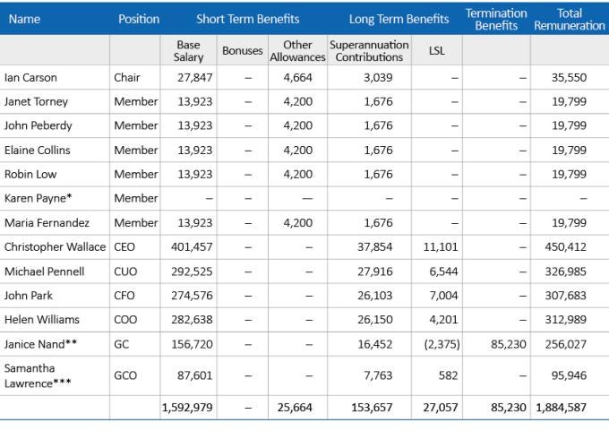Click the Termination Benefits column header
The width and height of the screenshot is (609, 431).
coord(496,20)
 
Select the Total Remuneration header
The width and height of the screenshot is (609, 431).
coord(570,20)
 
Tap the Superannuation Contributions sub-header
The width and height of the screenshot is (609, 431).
coord(369,51)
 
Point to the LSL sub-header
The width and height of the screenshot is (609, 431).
coord(437,51)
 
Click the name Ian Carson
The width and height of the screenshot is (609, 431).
coord(30,78)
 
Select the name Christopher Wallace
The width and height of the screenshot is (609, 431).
coord(55,247)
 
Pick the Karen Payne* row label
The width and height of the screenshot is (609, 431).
coord(38,199)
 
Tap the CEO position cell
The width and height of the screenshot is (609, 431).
coord(124,247)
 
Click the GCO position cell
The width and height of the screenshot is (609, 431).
coord(125,375)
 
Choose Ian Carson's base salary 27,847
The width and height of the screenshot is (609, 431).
coord(195,78)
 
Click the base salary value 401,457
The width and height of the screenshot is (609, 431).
coord(192,247)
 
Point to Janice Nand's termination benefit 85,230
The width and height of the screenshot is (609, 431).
coord(509,344)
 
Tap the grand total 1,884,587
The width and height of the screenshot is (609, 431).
coord(562,408)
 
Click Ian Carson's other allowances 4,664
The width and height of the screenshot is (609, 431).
coord(298,78)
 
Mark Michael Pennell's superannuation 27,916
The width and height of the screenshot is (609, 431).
coord(375,272)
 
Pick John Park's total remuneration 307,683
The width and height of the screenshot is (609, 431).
coord(565,296)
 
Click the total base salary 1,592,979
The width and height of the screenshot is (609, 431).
coord(187,408)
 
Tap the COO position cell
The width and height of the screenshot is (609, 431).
coord(125,320)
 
